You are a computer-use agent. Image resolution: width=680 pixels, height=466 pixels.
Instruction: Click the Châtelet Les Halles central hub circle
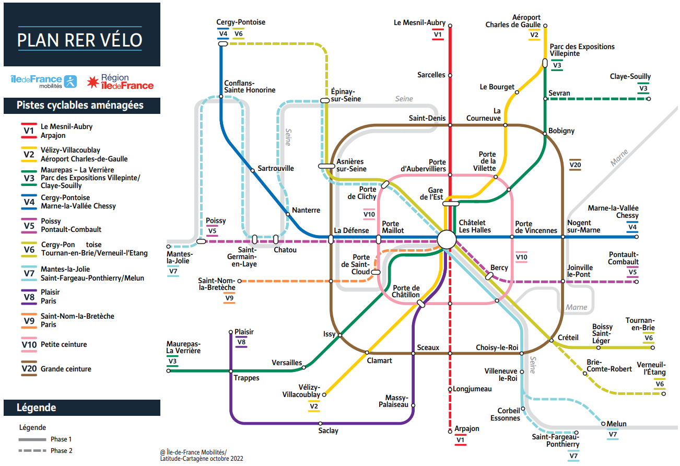pos(447,239)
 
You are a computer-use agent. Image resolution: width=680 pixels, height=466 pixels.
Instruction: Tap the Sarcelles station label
pos(431,75)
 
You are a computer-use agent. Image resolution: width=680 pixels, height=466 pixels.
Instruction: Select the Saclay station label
pos(328,431)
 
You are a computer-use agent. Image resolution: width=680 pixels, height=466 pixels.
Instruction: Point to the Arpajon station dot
pos(450,432)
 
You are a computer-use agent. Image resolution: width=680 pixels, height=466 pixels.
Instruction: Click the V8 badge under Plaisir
pos(241,342)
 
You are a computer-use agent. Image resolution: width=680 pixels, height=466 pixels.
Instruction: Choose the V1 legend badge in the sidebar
pos(29,131)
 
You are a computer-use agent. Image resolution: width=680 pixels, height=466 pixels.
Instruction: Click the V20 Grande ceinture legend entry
pos(56,368)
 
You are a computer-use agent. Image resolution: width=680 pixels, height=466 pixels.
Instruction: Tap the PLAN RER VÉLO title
pos(80,40)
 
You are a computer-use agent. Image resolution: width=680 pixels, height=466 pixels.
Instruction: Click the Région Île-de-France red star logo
pos(93,82)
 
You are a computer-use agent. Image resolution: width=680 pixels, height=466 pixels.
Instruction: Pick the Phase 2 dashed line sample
pos(32,450)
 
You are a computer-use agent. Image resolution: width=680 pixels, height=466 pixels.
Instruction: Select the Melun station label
pos(617,424)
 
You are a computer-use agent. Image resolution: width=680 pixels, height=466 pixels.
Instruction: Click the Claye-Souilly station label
pos(630,76)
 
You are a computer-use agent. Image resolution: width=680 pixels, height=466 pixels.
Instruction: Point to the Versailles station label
pos(287,363)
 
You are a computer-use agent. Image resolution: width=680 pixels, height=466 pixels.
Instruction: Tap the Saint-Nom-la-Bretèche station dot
pos(240,281)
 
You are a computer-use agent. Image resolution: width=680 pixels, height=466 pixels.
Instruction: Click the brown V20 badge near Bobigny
pos(575,165)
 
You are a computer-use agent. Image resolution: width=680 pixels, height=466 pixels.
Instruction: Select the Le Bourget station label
pos(497,87)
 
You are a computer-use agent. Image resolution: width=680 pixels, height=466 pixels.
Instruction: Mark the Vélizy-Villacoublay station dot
pos(324,394)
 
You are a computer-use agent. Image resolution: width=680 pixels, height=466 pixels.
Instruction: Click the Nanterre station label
pos(306,210)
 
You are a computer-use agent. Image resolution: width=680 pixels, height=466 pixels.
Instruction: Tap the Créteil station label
pos(568,337)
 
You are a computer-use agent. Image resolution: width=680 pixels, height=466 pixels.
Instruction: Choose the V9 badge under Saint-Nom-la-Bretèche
pos(229,298)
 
